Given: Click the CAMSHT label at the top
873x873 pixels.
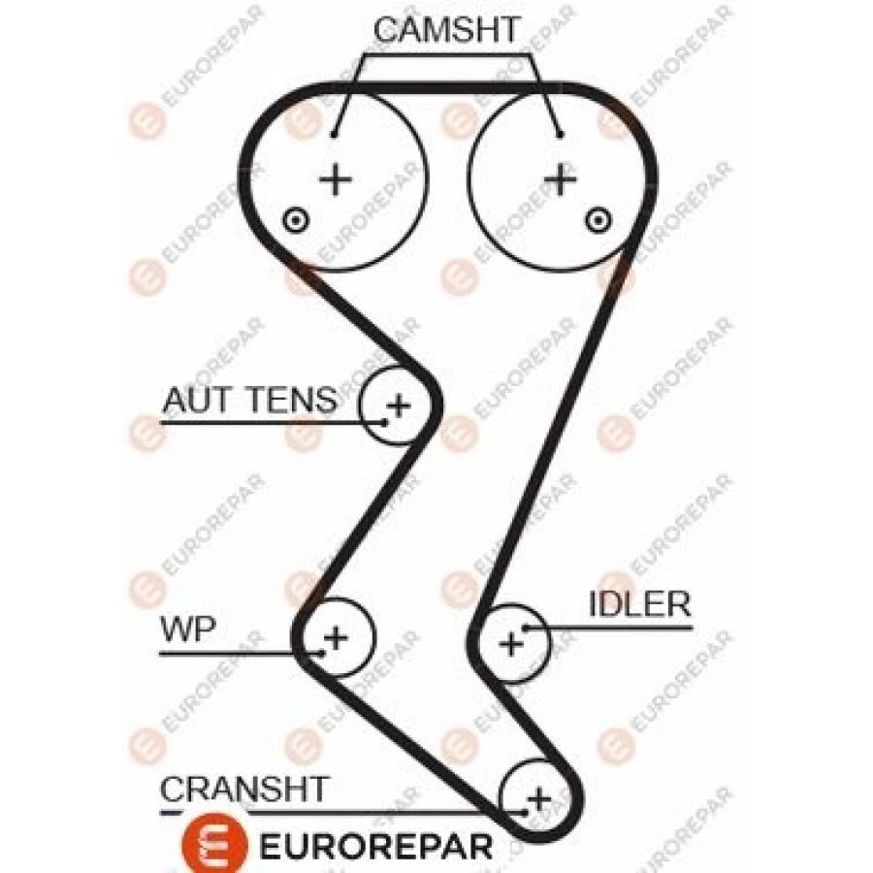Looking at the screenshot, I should [x=447, y=29].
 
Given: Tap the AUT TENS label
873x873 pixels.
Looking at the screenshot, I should [x=249, y=399].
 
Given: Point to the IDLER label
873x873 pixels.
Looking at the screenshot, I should [x=639, y=604].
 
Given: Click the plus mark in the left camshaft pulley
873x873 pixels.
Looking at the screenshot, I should [x=335, y=178].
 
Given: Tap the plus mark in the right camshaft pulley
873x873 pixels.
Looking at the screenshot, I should [x=560, y=178].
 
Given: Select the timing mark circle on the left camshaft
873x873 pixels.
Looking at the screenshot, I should [x=293, y=220].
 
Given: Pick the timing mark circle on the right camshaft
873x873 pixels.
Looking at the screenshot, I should [x=598, y=219].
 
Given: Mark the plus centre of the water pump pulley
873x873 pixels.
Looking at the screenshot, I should [x=335, y=637].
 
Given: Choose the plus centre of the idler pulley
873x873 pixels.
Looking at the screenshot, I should [x=510, y=641].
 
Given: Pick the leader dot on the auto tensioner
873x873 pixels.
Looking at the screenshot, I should [x=385, y=420].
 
